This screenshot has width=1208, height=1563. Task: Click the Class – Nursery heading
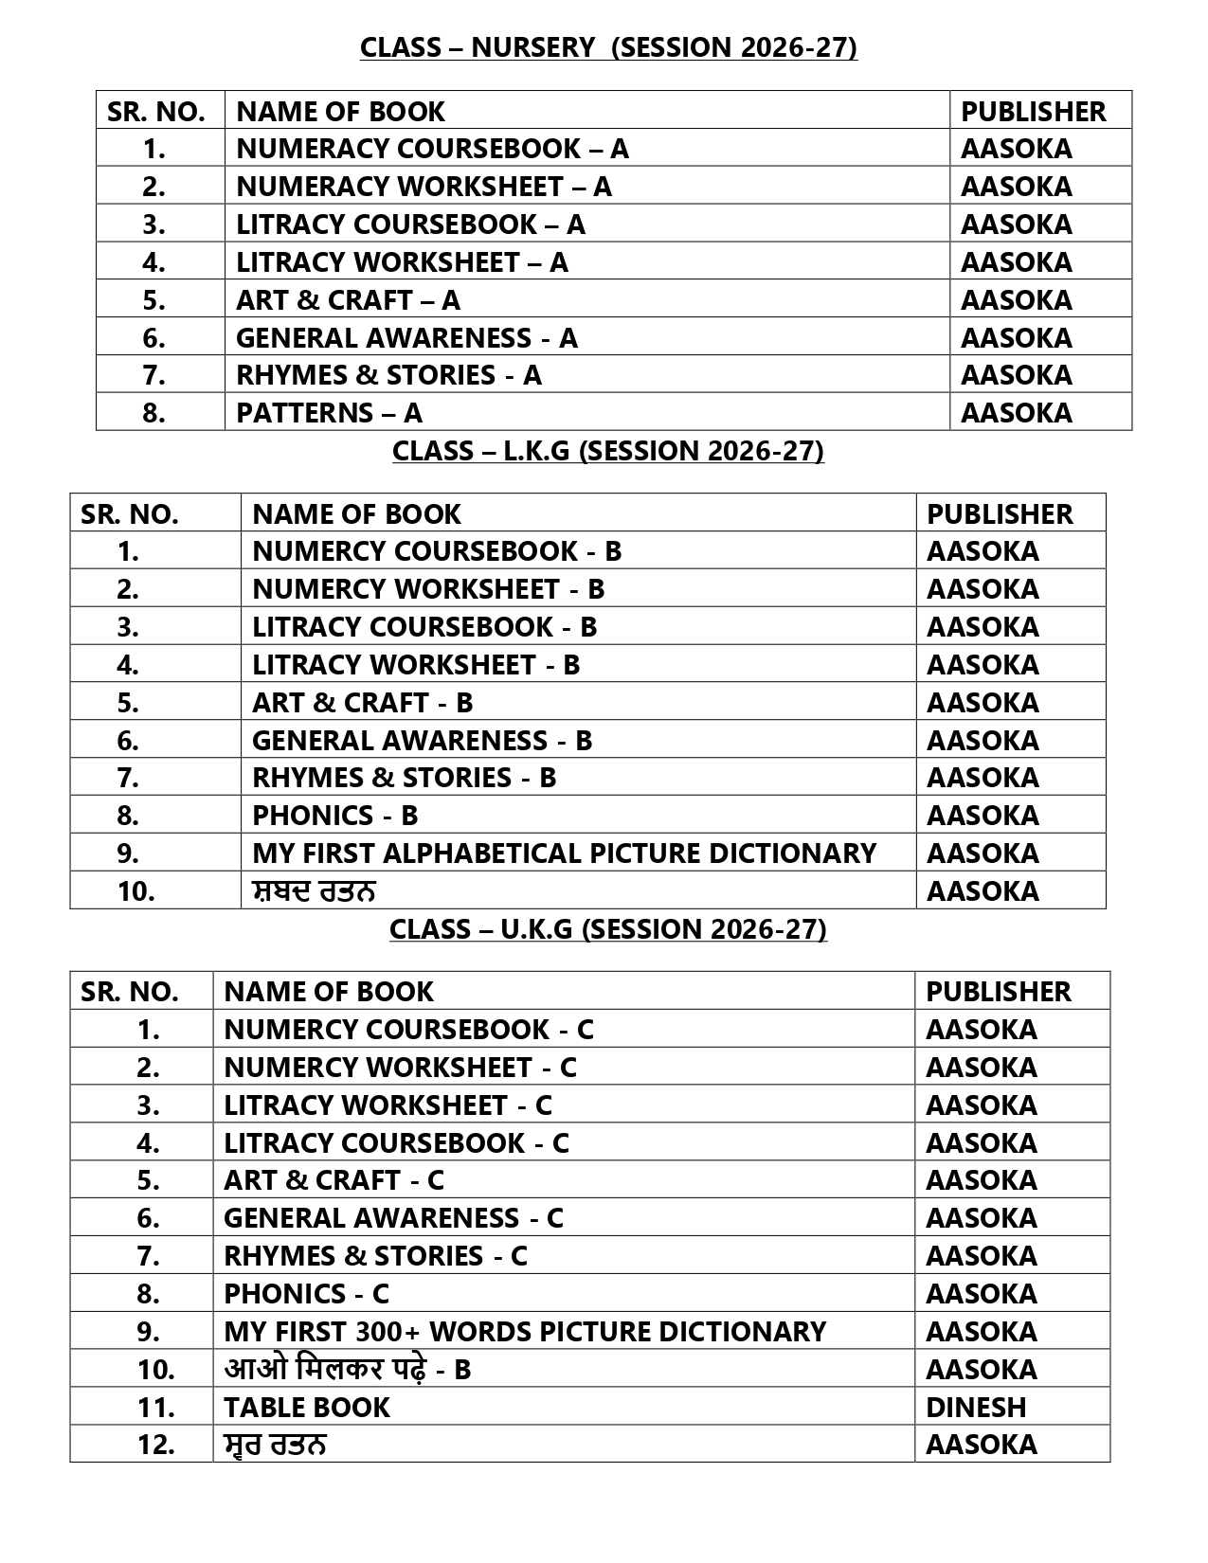608,47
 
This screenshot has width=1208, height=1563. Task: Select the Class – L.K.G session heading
608,451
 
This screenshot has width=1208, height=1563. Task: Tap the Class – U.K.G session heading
608,929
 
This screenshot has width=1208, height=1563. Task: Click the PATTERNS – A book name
329,413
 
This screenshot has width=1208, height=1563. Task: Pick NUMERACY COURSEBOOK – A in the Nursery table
432,149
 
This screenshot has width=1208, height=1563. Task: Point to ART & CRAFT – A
348,300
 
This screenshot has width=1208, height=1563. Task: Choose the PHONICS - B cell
334,816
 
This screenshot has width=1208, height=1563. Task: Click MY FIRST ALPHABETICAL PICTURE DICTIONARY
564,853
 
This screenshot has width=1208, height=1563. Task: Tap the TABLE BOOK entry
306,1408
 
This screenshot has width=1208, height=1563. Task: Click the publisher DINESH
976,1408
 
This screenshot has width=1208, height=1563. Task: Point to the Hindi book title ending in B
347,1370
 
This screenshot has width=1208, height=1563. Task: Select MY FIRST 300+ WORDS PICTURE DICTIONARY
525,1332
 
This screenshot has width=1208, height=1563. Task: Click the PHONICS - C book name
306,1294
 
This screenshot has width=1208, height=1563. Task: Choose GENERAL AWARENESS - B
422,741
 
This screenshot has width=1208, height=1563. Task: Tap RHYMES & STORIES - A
388,375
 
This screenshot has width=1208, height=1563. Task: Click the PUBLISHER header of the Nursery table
1033,112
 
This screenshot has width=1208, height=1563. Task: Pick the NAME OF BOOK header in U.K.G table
328,992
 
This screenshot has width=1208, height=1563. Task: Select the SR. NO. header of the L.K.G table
130,514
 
